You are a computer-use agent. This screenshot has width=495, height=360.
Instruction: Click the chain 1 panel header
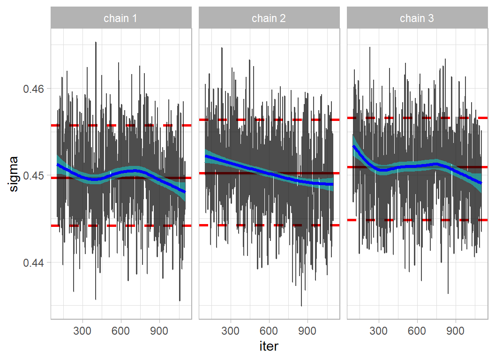pos(121,19)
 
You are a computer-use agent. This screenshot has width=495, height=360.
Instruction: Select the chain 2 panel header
pos(269,19)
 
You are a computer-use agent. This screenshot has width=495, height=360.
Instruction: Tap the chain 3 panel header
pos(417,19)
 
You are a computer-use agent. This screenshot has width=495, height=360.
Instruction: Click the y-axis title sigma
pos(14,174)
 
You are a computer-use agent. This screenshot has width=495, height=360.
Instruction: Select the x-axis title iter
pos(269,346)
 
